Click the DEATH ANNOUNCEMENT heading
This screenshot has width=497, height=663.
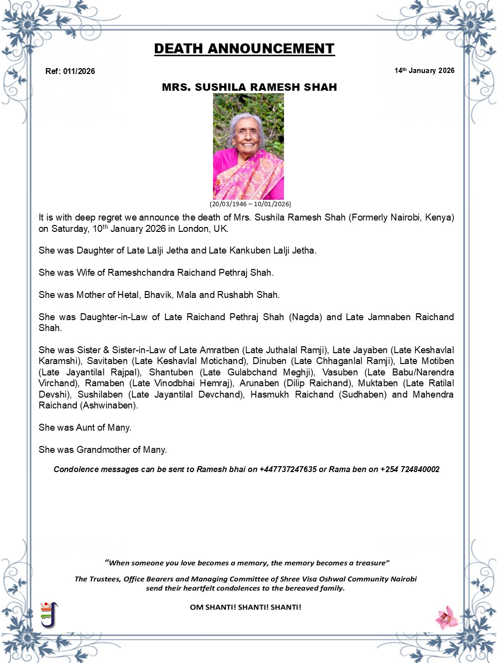[x=244, y=49]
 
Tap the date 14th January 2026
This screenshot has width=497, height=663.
[x=424, y=71]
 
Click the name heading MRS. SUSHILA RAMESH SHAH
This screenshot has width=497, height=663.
[x=249, y=87]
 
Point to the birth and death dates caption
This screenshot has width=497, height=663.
[x=250, y=204]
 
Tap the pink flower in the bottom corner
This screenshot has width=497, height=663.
[x=447, y=617]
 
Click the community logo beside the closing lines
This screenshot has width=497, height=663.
[x=49, y=615]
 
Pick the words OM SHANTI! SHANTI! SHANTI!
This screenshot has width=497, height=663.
[x=246, y=607]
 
